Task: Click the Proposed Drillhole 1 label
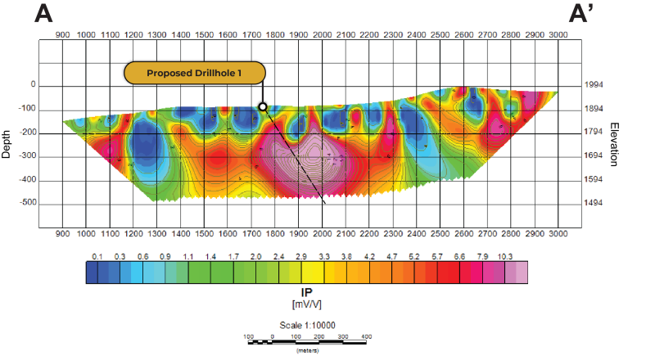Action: pos(195,73)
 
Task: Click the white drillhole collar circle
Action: pos(263,106)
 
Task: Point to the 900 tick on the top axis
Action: pos(62,36)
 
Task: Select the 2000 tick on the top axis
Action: pos(322,36)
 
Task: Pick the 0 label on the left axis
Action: pos(34,85)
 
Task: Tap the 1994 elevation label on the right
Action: pos(594,85)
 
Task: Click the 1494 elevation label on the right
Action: pos(594,203)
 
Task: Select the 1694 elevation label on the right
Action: pos(594,155)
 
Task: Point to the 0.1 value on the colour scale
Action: pos(97,256)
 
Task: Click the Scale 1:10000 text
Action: pos(308,325)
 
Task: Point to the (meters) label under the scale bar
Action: pos(307,350)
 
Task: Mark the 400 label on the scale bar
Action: pos(365,335)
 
